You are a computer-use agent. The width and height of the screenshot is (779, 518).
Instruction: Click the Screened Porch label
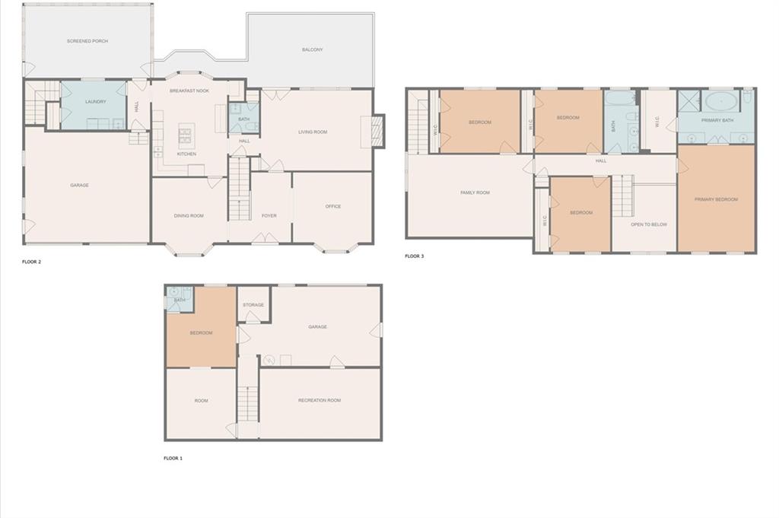click(x=87, y=41)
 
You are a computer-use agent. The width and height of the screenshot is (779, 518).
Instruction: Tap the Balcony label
click(x=312, y=49)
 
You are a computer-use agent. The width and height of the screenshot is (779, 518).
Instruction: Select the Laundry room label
click(x=95, y=101)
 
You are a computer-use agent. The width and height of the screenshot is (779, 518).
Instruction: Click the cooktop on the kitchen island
click(x=186, y=135)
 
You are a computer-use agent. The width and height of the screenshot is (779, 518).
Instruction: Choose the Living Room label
click(x=312, y=132)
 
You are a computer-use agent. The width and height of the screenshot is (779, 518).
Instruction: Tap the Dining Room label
click(x=189, y=216)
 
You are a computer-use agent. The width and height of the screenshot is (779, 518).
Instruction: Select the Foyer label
click(x=269, y=216)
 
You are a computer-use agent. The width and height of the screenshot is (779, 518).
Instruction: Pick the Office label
click(x=333, y=206)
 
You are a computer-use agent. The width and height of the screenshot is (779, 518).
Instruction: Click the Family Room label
click(x=475, y=192)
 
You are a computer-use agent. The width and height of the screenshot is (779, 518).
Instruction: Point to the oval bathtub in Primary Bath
click(x=718, y=101)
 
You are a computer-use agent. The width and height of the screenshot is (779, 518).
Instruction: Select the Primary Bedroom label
click(x=716, y=199)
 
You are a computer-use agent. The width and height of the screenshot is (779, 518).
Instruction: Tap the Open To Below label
click(x=648, y=224)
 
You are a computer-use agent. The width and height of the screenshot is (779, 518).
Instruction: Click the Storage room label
click(x=253, y=305)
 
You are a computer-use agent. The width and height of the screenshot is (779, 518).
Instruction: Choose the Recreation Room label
click(x=320, y=400)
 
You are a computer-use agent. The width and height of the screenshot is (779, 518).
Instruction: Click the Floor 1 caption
click(x=173, y=459)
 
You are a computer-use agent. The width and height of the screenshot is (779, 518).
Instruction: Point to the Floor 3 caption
click(x=415, y=256)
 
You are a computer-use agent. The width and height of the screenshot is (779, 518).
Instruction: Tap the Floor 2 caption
click(x=32, y=262)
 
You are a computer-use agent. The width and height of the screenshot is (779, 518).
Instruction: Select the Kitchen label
click(x=186, y=154)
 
